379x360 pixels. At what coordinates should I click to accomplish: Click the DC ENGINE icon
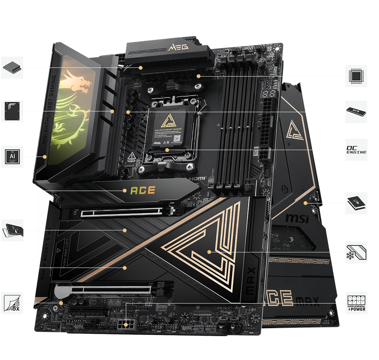tap(356, 150)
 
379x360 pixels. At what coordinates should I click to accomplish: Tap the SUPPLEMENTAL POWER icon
tap(356, 303)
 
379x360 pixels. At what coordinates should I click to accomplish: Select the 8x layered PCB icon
tap(12, 303)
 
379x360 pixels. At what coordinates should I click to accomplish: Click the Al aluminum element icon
tap(12, 157)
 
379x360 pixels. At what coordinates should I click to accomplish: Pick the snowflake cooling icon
tap(356, 252)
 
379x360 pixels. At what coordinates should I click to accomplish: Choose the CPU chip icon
tap(356, 76)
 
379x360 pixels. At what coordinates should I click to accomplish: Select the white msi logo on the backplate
tap(297, 218)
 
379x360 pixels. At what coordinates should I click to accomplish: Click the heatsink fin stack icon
tap(12, 67)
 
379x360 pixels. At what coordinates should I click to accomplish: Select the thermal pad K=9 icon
tap(356, 112)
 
